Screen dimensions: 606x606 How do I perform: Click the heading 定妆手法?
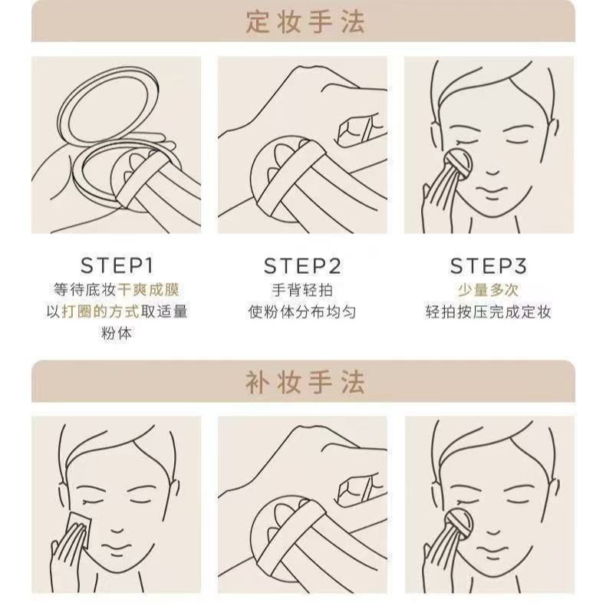click(x=305, y=21)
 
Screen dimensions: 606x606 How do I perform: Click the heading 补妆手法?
click(x=305, y=382)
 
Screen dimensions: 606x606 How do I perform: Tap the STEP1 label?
click(x=117, y=265)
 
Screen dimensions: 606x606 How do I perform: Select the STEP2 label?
click(x=302, y=266)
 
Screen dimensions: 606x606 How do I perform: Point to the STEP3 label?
click(x=489, y=266)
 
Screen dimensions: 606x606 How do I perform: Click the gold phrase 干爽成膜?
click(x=148, y=290)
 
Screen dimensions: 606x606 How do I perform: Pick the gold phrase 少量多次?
click(x=489, y=290)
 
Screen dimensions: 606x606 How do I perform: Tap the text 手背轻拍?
click(x=302, y=290)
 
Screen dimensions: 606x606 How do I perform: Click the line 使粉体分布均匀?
click(x=302, y=311)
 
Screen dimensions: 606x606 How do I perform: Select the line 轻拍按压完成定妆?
click(x=489, y=311)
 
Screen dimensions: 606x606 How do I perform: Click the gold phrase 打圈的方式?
click(x=100, y=311)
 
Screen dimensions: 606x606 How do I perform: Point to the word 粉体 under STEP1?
click(x=117, y=333)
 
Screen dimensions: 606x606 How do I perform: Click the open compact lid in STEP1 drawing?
click(x=109, y=104)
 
